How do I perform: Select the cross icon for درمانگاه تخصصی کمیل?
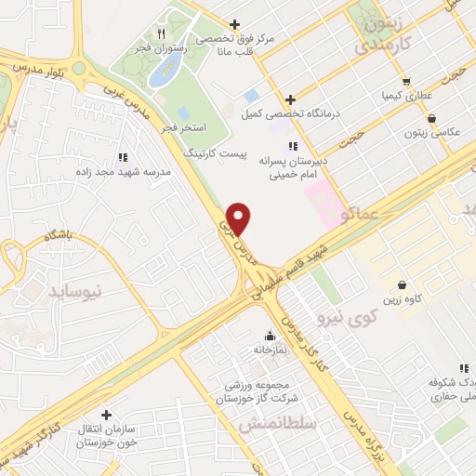pos(291,99)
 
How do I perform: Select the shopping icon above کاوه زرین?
pos(402,284)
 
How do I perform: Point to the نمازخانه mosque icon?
pos(270,336)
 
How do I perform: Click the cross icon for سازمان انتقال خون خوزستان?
pos(107,415)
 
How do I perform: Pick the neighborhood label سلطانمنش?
pos(278,423)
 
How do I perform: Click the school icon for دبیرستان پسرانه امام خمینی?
pos(293,146)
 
